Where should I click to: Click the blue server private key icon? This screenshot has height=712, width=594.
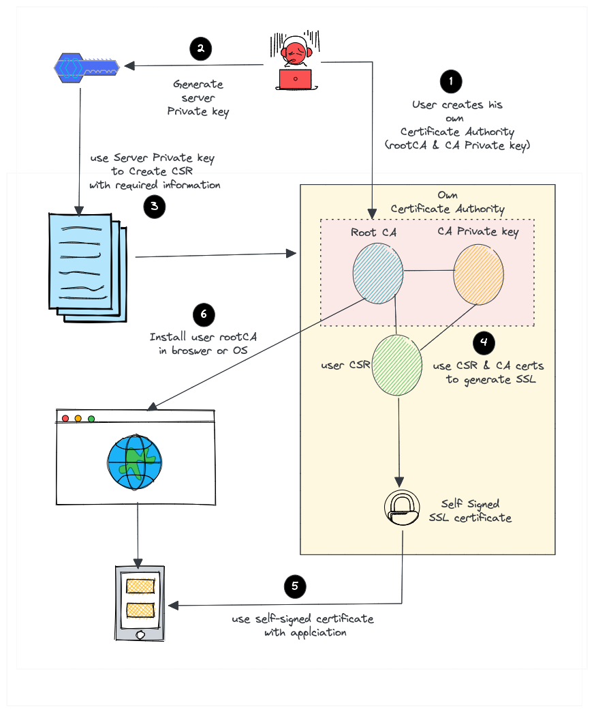click(x=87, y=66)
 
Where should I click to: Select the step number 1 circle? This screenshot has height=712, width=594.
click(x=450, y=82)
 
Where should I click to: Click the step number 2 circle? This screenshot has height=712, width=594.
click(x=200, y=48)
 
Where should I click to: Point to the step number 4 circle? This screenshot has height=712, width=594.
click(x=484, y=342)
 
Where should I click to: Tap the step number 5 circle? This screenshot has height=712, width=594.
click(x=295, y=586)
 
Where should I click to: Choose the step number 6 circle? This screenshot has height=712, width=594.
click(x=204, y=314)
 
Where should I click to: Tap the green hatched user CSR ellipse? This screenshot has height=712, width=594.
click(x=396, y=365)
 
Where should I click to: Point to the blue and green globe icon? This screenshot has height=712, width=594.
click(x=135, y=462)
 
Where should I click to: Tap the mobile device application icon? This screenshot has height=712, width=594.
click(x=140, y=603)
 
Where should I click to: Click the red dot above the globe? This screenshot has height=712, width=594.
click(x=65, y=418)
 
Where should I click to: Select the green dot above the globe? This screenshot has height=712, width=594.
click(x=91, y=418)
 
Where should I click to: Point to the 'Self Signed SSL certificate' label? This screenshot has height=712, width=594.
click(x=470, y=511)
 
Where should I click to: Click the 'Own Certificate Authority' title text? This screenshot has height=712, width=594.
click(x=448, y=202)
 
